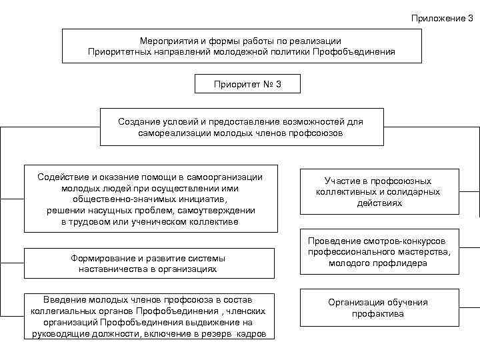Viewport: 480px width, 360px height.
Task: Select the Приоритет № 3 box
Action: pyautogui.click(x=248, y=84)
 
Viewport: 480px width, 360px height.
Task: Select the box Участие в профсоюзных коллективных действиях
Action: pyautogui.click(x=378, y=192)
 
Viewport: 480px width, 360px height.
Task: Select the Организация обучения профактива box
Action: pyautogui.click(x=378, y=307)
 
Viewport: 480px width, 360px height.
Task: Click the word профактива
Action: pyautogui.click(x=378, y=313)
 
